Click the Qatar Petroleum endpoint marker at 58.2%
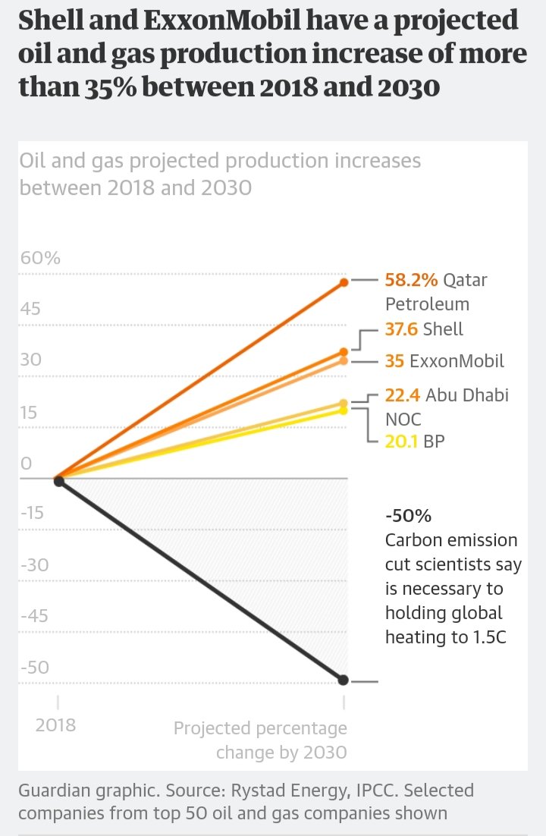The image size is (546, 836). (x=344, y=282)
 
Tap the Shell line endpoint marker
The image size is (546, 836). (x=344, y=352)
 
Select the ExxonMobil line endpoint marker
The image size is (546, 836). (x=344, y=360)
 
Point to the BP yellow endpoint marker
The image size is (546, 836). (x=344, y=410)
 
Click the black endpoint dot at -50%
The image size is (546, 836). (x=344, y=679)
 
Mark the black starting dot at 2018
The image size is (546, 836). (x=58, y=481)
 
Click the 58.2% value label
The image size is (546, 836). (x=411, y=280)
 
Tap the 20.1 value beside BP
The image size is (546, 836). (x=401, y=441)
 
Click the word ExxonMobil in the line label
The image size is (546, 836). (x=457, y=361)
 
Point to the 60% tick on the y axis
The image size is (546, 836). (x=40, y=258)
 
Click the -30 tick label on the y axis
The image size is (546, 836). (x=33, y=564)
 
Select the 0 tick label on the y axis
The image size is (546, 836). (x=26, y=463)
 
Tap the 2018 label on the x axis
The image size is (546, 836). (x=56, y=724)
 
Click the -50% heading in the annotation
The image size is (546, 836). (x=408, y=516)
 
